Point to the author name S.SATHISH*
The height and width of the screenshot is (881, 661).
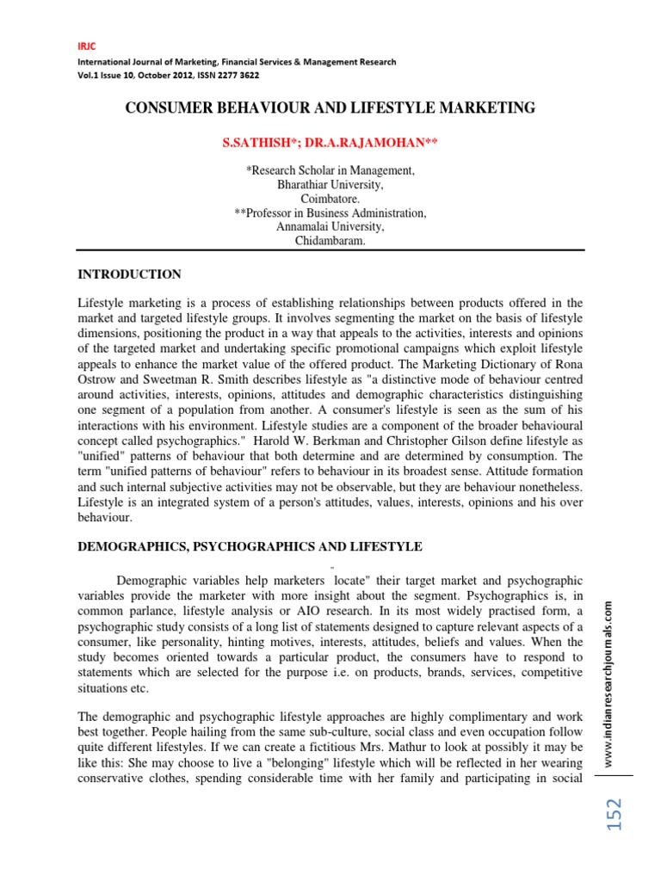256,142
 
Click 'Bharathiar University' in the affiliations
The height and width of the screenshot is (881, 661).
330,185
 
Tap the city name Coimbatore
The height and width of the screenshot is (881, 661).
330,199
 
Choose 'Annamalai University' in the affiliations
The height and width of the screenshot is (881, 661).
330,227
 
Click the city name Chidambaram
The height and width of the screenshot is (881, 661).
330,242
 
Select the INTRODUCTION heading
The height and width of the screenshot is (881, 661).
130,274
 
